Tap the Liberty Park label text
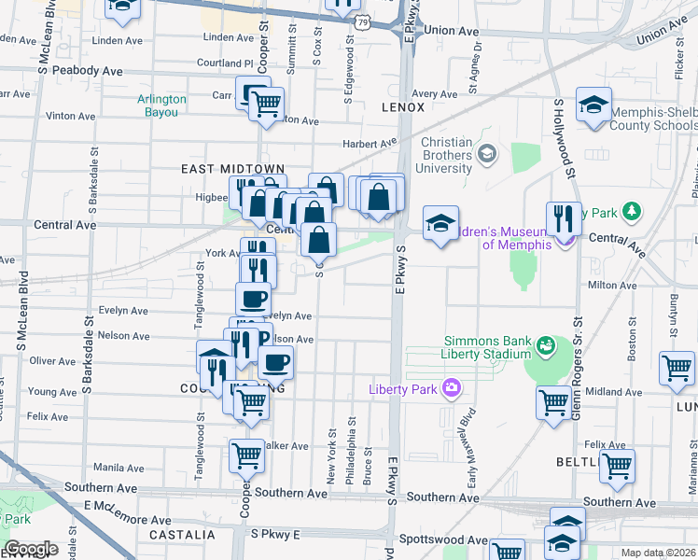click(x=404, y=388)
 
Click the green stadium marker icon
click(x=545, y=348)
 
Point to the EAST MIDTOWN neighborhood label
click(x=219, y=169)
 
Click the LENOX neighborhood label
click(x=403, y=107)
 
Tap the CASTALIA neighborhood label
click(x=182, y=536)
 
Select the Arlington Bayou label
click(x=161, y=105)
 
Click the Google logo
click(x=30, y=550)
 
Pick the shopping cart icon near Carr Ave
click(x=266, y=105)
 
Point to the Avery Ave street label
click(x=434, y=94)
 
